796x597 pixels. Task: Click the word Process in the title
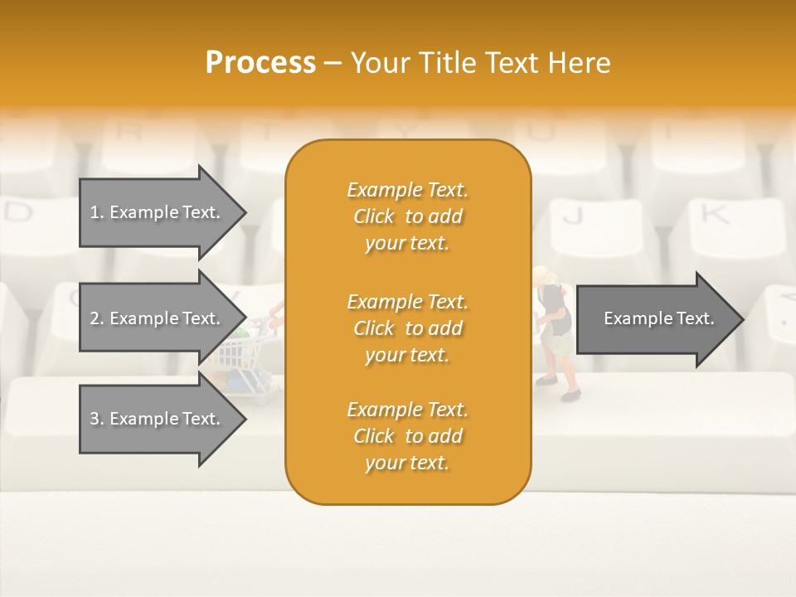point(260,62)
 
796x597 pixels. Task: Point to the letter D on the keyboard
point(18,212)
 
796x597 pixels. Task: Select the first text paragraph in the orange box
point(407,216)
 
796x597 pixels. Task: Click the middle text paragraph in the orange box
point(407,328)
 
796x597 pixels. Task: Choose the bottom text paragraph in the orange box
point(407,436)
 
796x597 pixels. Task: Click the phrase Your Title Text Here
point(480,62)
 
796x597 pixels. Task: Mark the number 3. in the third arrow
point(97,419)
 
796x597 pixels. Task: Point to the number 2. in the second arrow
point(97,318)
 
